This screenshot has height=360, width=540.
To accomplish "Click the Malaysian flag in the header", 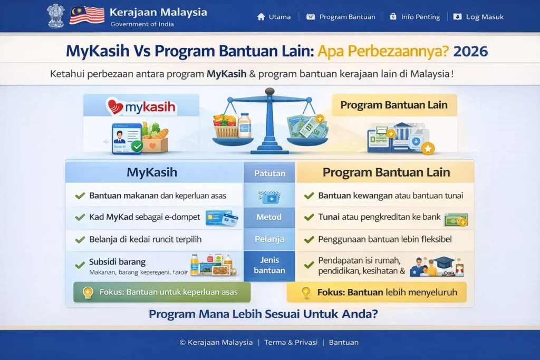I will [86, 15].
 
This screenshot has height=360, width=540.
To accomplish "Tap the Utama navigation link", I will [274, 17].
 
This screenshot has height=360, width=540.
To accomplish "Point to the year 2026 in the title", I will [470, 52].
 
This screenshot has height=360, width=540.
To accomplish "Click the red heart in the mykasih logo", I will [115, 106].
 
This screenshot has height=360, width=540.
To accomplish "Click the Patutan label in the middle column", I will [269, 173].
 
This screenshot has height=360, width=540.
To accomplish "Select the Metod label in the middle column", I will [269, 217].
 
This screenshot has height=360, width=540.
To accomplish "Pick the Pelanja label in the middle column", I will [269, 239].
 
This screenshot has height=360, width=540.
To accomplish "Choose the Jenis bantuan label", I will [269, 265].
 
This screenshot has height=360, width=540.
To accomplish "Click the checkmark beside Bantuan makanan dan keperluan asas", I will [80, 196].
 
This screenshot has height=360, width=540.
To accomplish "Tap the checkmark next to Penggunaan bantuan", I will [309, 239].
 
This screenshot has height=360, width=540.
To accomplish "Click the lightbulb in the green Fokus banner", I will [89, 292].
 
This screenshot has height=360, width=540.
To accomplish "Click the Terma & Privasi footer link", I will [291, 343].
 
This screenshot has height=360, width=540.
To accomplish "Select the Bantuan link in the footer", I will [343, 343].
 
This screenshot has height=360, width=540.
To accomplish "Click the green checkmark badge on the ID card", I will [137, 146].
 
